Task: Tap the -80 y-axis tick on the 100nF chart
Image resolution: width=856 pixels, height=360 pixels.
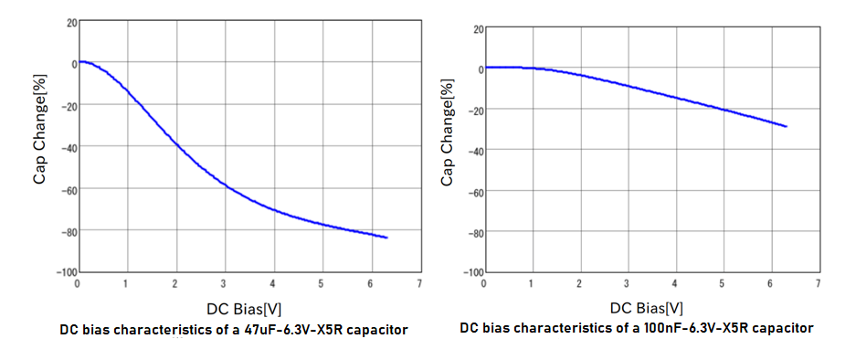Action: click(x=472, y=232)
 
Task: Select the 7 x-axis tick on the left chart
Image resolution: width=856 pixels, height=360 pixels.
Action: click(x=419, y=284)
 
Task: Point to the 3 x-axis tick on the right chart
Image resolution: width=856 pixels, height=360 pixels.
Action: click(x=627, y=284)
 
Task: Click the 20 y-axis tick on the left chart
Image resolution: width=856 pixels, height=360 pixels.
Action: click(x=71, y=22)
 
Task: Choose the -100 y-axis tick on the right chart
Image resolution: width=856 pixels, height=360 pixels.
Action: click(x=470, y=273)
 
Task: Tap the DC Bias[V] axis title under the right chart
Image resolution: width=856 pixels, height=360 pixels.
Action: click(x=647, y=308)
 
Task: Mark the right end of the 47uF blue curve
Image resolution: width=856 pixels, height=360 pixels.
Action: click(x=387, y=238)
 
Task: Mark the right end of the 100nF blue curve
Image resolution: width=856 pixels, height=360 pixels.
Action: click(x=787, y=126)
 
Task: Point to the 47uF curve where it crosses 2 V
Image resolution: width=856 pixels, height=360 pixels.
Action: click(x=174, y=143)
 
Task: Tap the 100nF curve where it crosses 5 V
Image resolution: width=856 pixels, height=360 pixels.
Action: click(x=723, y=110)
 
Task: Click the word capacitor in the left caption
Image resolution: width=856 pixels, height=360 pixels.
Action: click(x=377, y=330)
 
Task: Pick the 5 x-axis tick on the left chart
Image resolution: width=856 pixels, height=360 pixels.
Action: click(x=321, y=284)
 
